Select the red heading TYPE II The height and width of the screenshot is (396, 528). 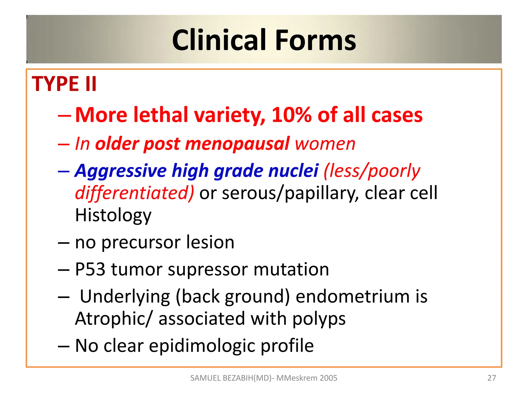(64, 84)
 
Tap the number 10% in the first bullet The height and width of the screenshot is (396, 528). (291, 115)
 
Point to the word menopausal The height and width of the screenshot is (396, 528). (237, 144)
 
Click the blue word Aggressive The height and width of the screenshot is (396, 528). (121, 171)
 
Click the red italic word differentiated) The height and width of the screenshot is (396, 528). (134, 193)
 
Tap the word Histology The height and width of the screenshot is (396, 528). (113, 215)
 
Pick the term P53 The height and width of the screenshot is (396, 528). (90, 269)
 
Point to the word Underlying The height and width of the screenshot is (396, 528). (125, 297)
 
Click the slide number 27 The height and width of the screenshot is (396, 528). (491, 378)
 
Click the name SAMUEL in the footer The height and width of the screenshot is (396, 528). (205, 378)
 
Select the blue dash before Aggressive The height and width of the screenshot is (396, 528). (64, 171)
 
